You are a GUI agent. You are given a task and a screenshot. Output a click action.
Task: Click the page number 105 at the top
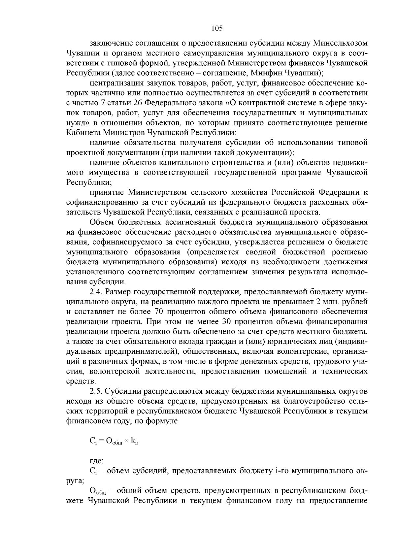click(x=217, y=28)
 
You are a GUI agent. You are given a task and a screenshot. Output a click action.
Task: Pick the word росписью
click(x=349, y=252)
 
